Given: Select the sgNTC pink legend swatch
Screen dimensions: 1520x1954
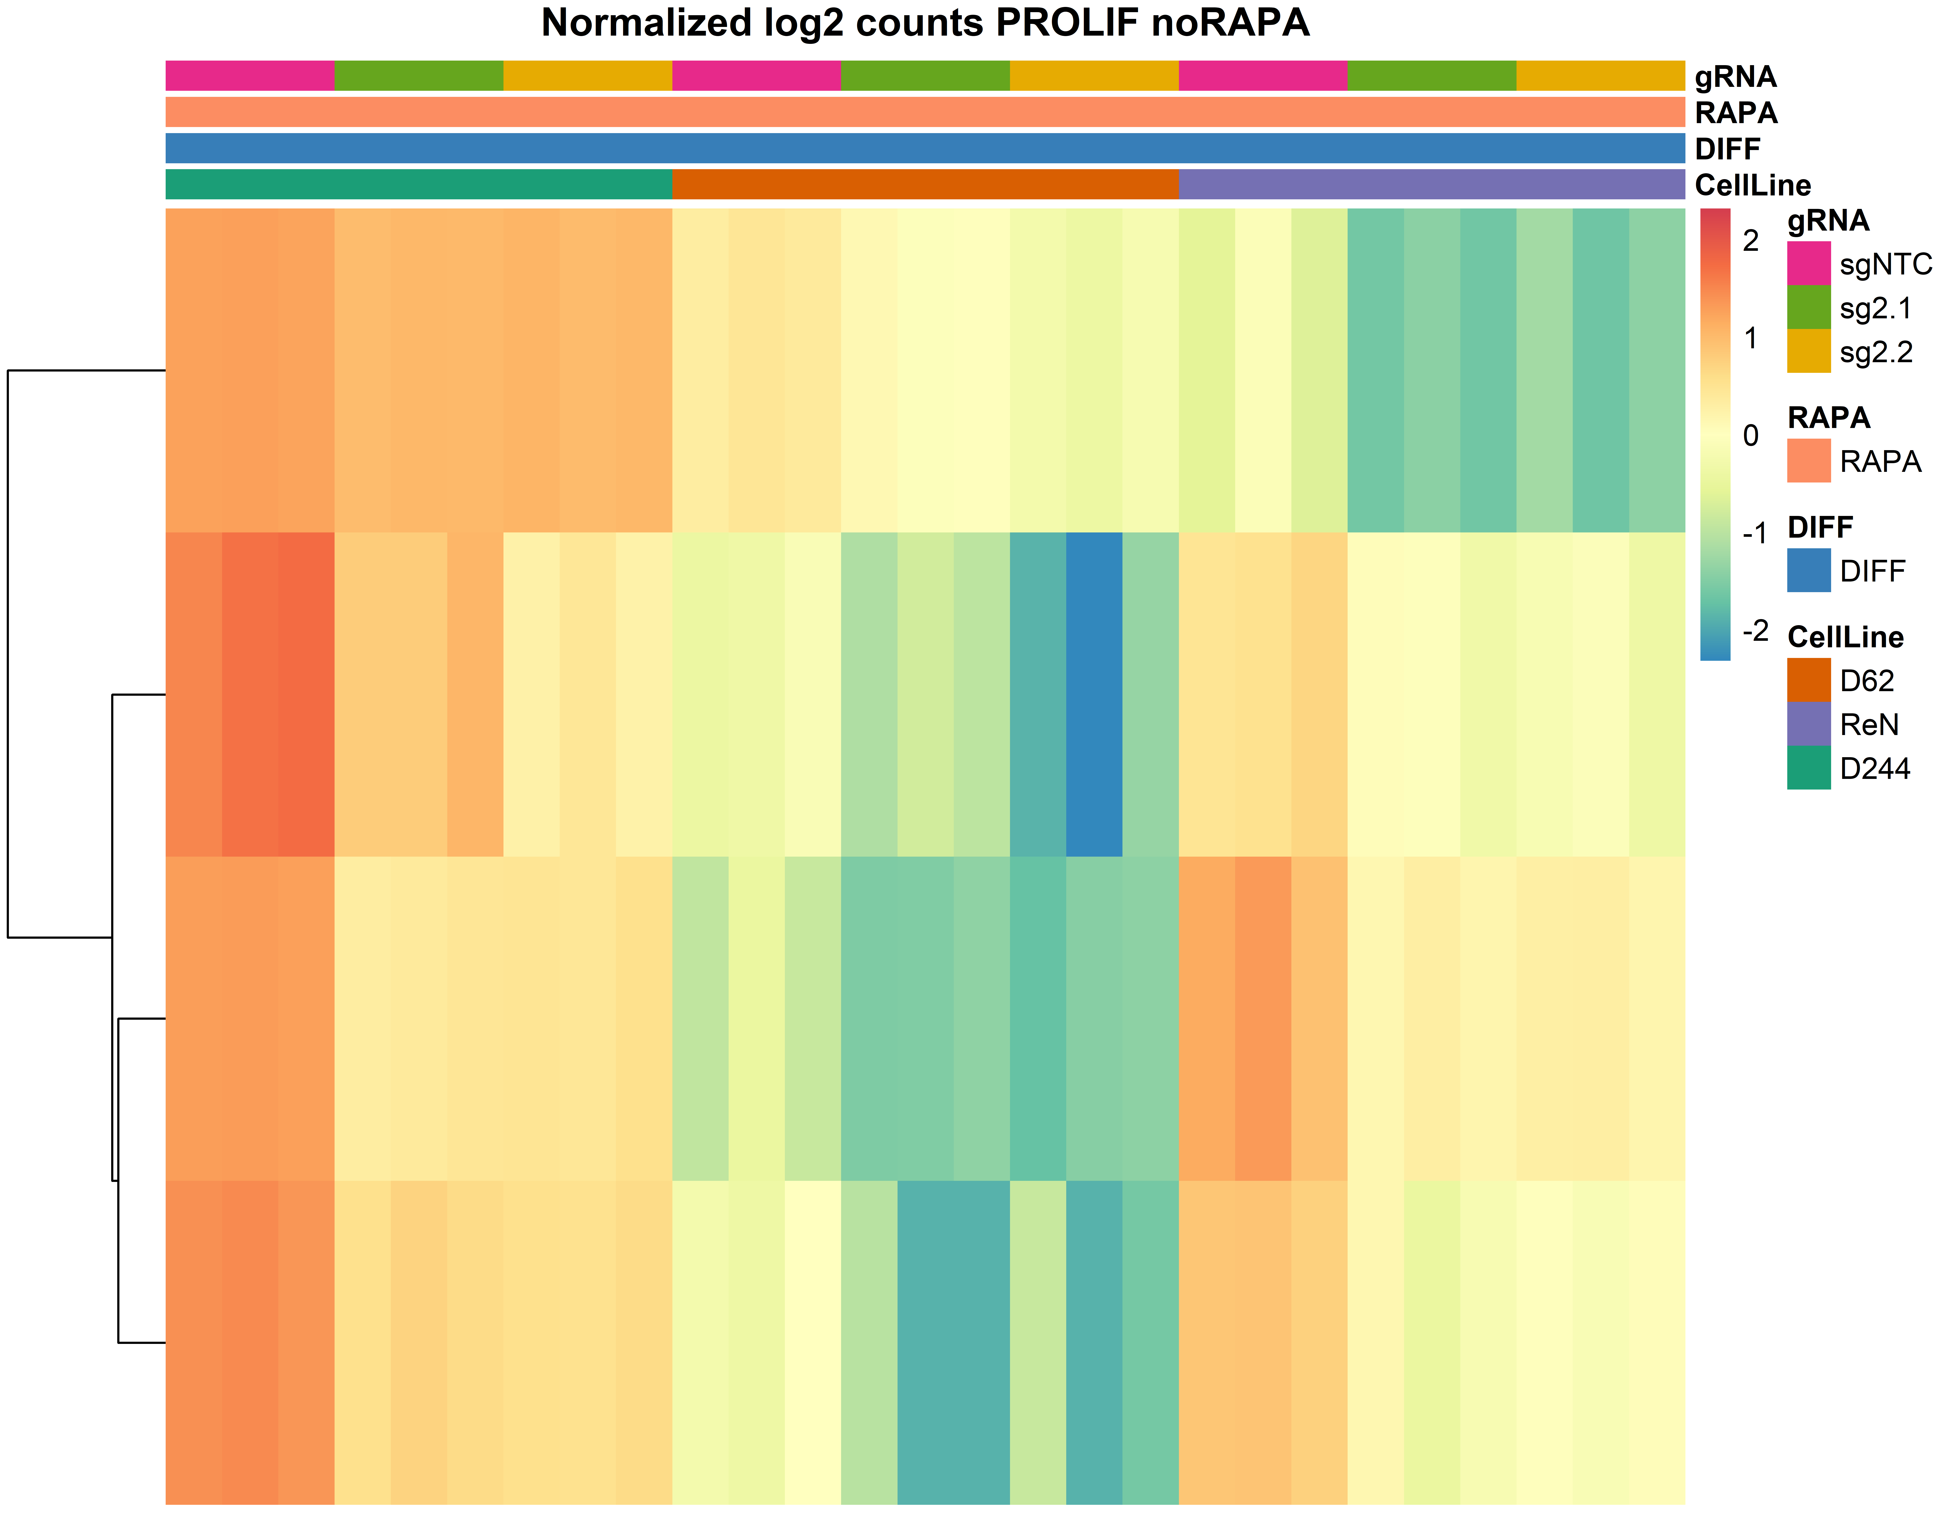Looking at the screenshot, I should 1808,263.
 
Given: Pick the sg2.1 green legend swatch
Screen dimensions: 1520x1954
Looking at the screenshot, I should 1808,307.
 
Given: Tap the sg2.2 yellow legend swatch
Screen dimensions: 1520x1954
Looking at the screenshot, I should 1808,351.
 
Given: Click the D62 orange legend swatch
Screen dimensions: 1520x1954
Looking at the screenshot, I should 1808,680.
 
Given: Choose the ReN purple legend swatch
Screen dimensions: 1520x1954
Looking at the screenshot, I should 1808,724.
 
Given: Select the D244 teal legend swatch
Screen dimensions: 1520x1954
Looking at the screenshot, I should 1808,768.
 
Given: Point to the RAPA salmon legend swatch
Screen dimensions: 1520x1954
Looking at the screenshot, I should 1808,461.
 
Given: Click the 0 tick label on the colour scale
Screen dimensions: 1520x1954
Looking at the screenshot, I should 1751,436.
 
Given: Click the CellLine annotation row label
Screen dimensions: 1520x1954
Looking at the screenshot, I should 1752,185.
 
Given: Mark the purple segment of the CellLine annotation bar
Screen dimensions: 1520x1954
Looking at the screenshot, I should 1431,184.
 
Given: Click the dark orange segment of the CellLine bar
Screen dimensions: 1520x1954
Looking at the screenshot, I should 925,184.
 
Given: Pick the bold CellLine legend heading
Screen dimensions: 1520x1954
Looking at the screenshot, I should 1845,637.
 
